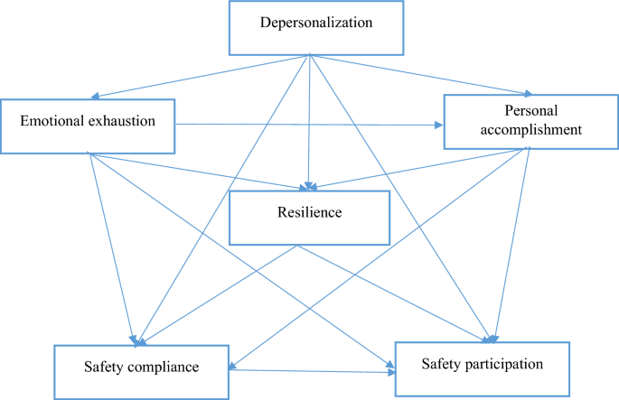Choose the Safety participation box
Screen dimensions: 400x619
tap(482, 367)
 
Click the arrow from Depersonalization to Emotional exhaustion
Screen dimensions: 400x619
tap(199, 76)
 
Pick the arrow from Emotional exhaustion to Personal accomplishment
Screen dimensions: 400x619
tap(307, 125)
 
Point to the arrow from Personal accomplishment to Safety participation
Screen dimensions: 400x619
tap(511, 244)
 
